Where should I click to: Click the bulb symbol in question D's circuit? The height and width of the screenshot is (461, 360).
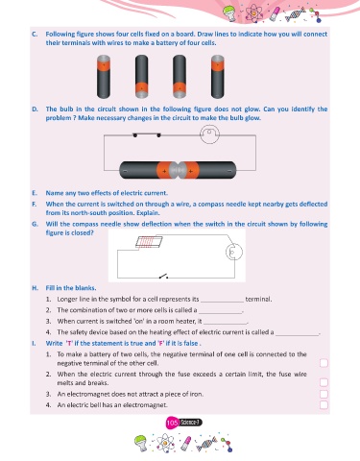pos(209,133)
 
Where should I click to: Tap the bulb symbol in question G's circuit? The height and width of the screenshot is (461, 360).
pos(234,253)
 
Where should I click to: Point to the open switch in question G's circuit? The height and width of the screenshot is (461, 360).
pos(163,276)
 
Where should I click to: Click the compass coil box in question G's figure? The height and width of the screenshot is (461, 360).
pos(149,242)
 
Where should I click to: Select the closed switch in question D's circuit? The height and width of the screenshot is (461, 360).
pos(147,134)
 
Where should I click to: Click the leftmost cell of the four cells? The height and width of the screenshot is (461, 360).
pos(104,77)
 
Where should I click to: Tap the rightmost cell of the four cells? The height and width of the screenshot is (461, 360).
pos(218,77)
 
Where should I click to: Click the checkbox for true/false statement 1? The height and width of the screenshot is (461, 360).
pos(324,363)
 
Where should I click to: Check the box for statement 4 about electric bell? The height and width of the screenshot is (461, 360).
pos(324,404)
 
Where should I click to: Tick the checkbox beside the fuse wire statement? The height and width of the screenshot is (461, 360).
pos(324,382)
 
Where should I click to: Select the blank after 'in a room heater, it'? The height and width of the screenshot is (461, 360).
pos(226,323)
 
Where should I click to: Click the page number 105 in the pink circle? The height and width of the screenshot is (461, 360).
pos(172,423)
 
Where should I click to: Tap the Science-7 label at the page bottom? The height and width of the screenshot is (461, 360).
pos(190,423)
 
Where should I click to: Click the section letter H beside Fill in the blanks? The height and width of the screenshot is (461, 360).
pos(35,288)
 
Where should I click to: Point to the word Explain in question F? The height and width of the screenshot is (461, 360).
pos(148,213)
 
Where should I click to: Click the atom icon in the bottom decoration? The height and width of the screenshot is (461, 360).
pos(165,443)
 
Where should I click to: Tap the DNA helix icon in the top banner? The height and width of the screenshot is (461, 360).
pos(295,15)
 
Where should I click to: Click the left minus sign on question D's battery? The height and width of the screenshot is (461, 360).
pos(125,171)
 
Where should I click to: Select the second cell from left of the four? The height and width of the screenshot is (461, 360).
pos(141,77)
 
